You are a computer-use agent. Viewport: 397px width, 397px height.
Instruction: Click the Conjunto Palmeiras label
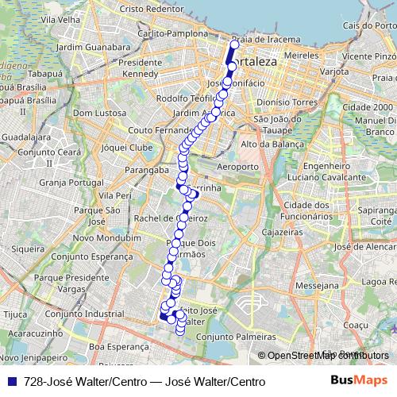point(230,335)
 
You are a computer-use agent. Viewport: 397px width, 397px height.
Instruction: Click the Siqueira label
point(29,249)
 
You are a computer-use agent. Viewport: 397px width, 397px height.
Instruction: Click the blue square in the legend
point(13,381)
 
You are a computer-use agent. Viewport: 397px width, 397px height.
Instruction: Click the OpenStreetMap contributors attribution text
point(326,356)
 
